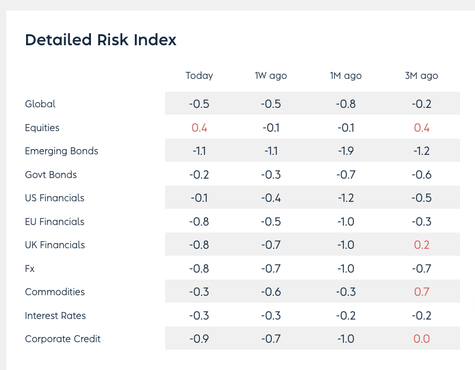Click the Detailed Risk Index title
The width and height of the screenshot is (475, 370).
point(101,40)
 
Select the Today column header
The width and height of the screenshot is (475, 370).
point(199,76)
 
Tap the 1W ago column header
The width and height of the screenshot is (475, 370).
point(271,76)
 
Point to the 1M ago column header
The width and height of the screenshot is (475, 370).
point(346,76)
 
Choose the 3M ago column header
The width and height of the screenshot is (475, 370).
point(421,76)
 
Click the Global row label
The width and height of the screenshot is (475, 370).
point(41,104)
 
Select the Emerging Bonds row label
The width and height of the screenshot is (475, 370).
point(61,151)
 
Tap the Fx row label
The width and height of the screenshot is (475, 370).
point(30,269)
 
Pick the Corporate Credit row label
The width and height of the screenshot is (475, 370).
point(63,339)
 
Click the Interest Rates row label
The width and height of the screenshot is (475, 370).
point(56,315)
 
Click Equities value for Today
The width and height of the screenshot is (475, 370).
point(199,128)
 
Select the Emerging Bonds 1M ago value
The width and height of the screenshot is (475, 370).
point(346,151)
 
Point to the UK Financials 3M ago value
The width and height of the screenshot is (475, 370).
point(421,245)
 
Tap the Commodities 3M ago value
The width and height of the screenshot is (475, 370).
point(421,292)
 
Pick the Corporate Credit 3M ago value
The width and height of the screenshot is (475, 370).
point(421,339)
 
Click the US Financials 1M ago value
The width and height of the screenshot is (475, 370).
point(346,198)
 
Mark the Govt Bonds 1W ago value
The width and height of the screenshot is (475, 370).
point(271,175)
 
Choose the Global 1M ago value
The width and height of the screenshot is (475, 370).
point(346,104)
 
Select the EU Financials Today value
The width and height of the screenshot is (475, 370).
point(199,222)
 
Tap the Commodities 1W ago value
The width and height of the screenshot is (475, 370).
point(271,292)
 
